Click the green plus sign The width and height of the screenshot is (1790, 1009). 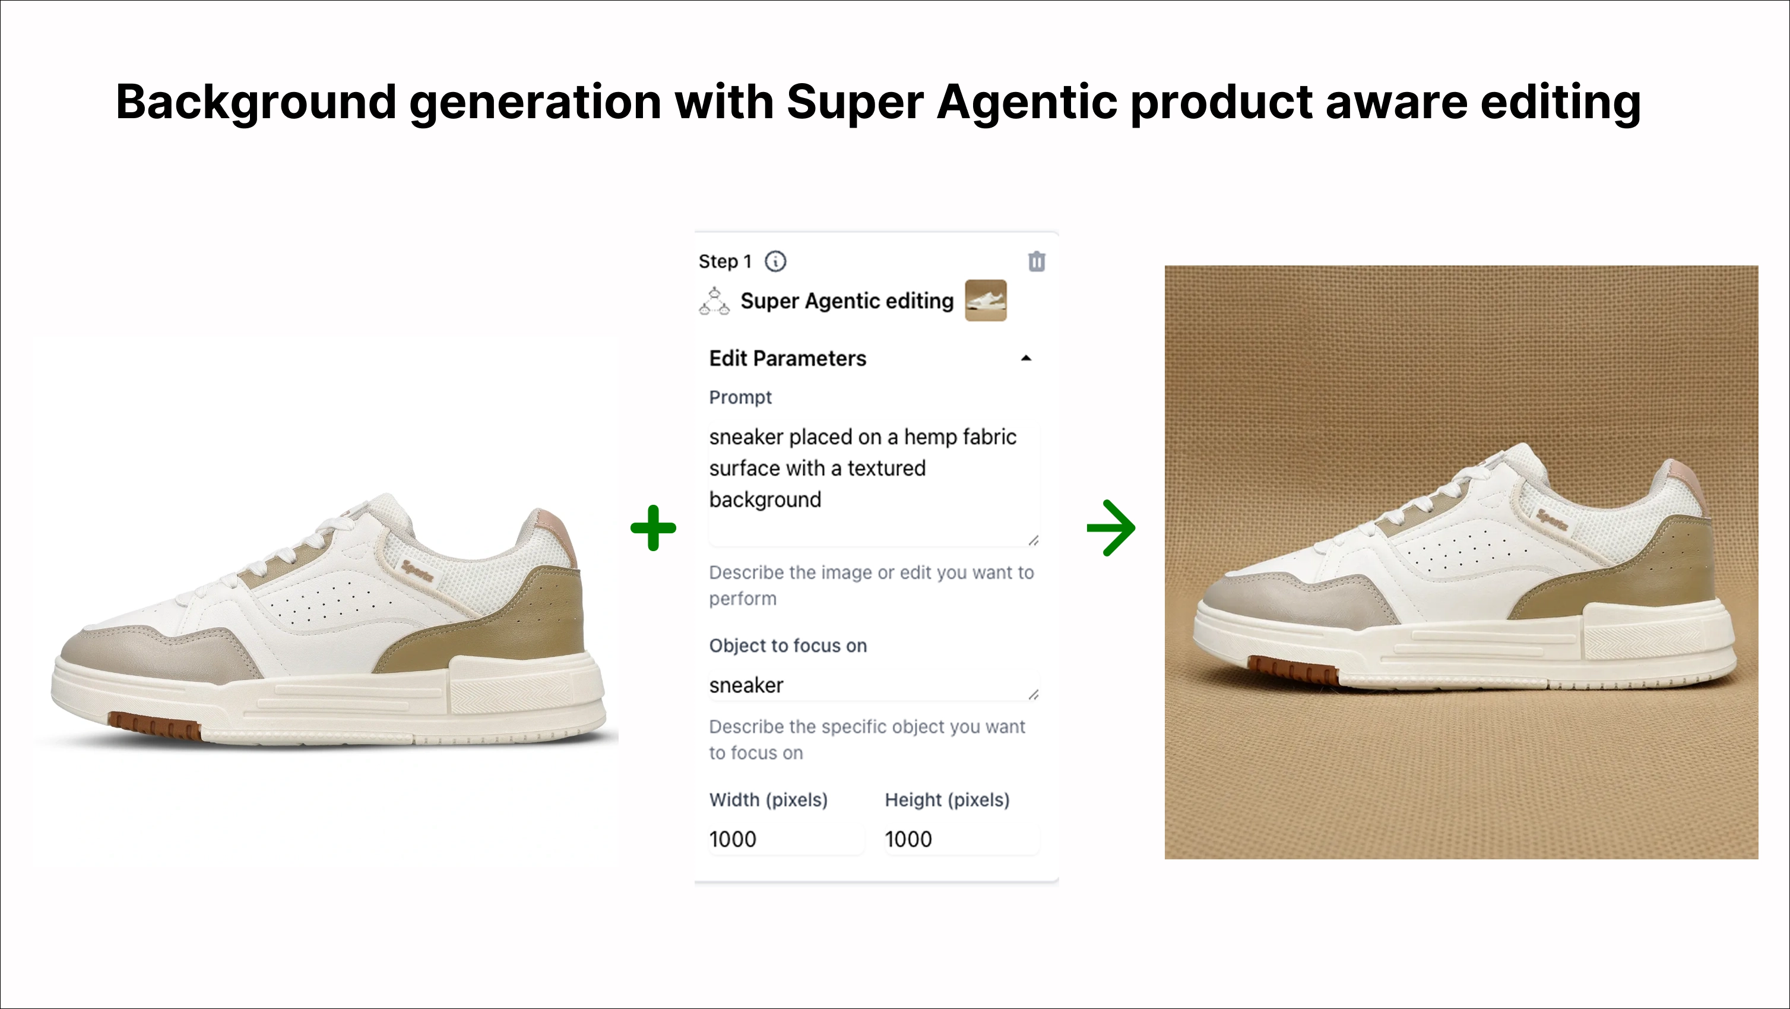tap(653, 527)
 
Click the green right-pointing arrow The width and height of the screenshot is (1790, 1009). tap(1111, 527)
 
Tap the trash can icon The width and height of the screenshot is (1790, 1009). tap(1037, 261)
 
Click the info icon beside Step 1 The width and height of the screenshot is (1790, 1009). tap(775, 261)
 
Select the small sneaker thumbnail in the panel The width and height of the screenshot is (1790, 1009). tap(986, 300)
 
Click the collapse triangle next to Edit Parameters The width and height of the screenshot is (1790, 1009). tap(1026, 359)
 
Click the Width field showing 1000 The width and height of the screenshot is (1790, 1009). tap(785, 839)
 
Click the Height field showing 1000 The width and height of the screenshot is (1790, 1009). tap(962, 839)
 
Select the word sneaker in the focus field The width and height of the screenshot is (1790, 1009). tap(746, 686)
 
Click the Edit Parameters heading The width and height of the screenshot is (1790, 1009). tap(787, 359)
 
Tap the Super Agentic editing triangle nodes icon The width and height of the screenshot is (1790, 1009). tap(714, 302)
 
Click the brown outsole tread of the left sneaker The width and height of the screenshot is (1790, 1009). tap(154, 726)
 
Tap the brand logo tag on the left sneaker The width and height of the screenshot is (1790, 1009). tap(417, 571)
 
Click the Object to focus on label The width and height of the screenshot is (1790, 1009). tap(788, 646)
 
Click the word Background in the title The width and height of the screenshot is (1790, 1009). tap(256, 103)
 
